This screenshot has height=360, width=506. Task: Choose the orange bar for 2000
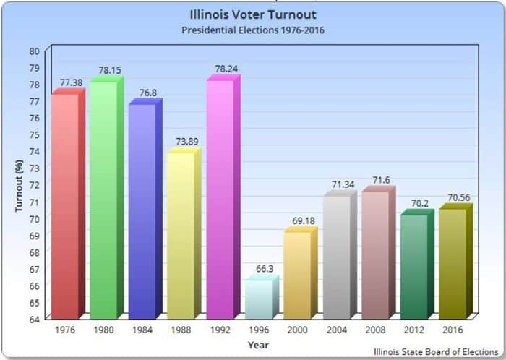tap(297, 275)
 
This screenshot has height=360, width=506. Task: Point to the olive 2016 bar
tap(453, 263)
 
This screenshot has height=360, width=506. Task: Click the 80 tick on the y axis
tap(35, 51)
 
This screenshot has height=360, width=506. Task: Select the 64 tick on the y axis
tap(35, 317)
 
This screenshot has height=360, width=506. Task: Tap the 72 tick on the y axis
tap(35, 184)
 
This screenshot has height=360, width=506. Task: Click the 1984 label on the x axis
tap(142, 330)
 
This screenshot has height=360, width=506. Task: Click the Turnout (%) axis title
tap(20, 184)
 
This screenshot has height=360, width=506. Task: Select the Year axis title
tap(258, 345)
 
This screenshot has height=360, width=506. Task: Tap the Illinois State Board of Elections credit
tap(436, 351)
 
